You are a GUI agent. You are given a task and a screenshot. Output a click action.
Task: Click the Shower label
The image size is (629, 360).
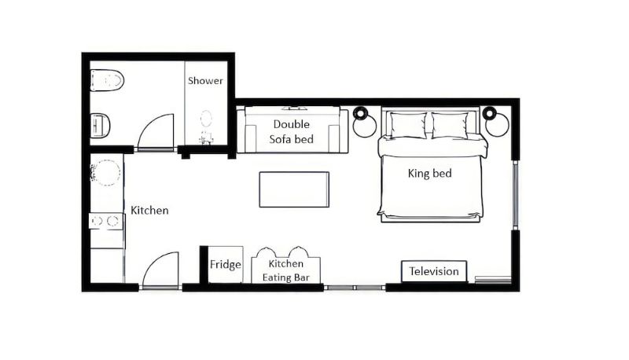(x=205, y=81)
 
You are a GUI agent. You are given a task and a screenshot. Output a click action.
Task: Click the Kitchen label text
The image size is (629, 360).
(x=149, y=211)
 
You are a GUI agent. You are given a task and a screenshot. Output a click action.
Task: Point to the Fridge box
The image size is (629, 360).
(x=226, y=264)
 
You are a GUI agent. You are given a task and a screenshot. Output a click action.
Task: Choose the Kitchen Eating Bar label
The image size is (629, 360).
(x=285, y=270)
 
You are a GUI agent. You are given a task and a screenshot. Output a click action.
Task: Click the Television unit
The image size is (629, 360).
(x=434, y=271)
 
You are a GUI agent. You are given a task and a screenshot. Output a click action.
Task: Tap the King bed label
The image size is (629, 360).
(x=429, y=173)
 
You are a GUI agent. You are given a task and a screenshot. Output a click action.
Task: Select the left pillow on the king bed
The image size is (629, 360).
(x=408, y=126)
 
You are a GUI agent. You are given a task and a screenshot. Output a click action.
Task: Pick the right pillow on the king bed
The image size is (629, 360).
(x=449, y=126)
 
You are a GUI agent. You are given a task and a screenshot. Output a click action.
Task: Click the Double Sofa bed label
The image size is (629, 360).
(x=291, y=132)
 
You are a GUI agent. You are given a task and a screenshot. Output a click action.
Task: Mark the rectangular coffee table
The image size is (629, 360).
(x=294, y=189)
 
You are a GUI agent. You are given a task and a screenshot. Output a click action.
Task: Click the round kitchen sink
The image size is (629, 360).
(x=105, y=173)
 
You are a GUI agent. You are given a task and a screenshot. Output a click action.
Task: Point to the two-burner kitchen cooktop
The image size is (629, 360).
(x=105, y=221)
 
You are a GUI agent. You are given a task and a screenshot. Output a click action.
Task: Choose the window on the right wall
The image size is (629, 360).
(x=516, y=195)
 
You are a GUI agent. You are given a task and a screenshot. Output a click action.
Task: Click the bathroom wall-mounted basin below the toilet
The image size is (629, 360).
(x=101, y=126)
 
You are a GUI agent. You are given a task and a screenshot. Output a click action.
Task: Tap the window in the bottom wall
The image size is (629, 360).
(x=355, y=287)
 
